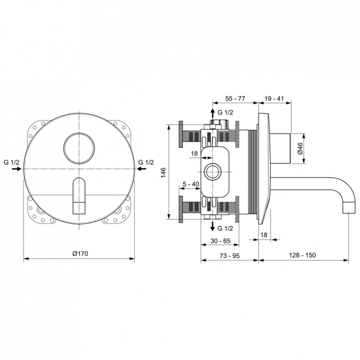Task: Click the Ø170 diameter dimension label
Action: click(x=79, y=253)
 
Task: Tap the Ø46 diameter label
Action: click(x=300, y=148)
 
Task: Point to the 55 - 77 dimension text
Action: click(x=235, y=98)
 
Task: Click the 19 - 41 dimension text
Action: click(x=275, y=98)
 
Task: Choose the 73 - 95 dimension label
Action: click(x=229, y=255)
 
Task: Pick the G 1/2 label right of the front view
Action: click(x=146, y=162)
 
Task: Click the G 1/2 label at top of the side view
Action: click(x=225, y=112)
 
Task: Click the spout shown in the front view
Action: click(x=79, y=197)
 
